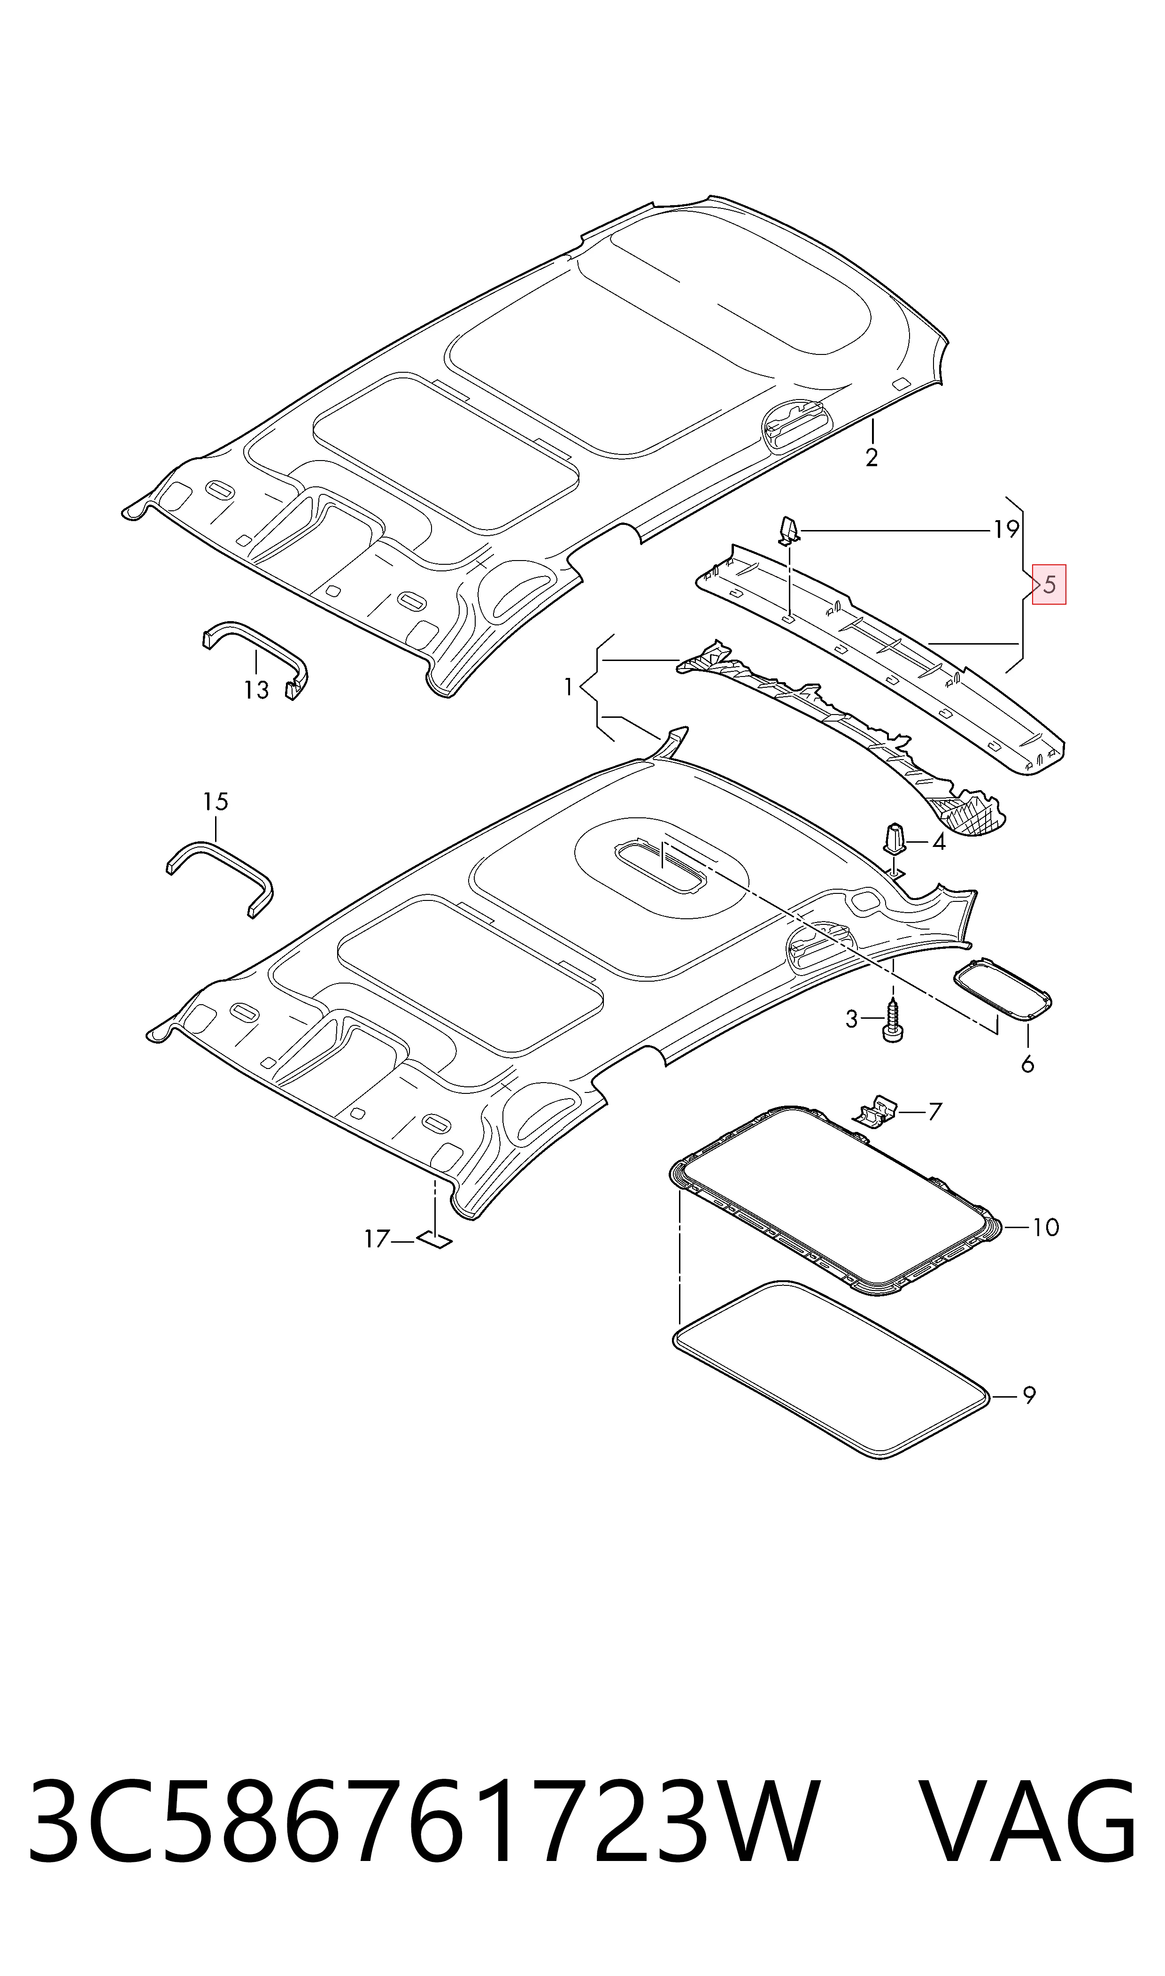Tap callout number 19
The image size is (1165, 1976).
coord(1006,531)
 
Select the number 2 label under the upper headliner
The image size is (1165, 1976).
coord(872,458)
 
